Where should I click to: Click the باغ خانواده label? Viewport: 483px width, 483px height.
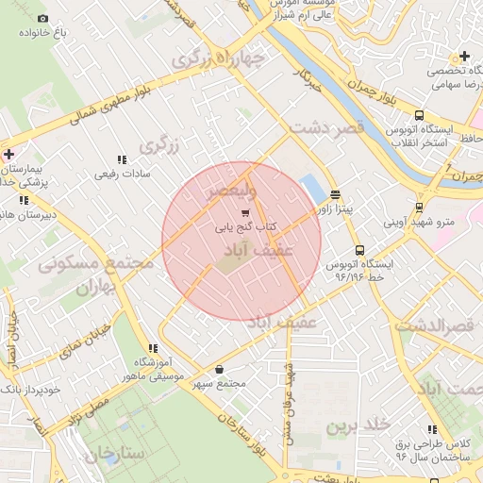click(43, 33)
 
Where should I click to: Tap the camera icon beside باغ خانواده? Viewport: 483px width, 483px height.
click(42, 19)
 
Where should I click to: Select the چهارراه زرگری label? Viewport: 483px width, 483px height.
click(219, 59)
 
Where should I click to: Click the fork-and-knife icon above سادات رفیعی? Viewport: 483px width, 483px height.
click(121, 160)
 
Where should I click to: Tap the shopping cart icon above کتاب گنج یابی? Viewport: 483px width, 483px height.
click(246, 214)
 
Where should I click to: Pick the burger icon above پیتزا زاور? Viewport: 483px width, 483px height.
click(335, 194)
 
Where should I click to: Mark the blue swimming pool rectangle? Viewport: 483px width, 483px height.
click(310, 186)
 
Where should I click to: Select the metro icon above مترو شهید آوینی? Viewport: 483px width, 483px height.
click(419, 208)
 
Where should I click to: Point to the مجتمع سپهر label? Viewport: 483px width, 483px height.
click(219, 383)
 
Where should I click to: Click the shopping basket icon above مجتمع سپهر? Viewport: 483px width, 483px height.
click(219, 369)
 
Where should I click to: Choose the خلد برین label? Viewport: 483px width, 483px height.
click(358, 425)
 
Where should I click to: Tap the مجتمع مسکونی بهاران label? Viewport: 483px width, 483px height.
click(95, 274)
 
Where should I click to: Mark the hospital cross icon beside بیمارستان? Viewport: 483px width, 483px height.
click(8, 154)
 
